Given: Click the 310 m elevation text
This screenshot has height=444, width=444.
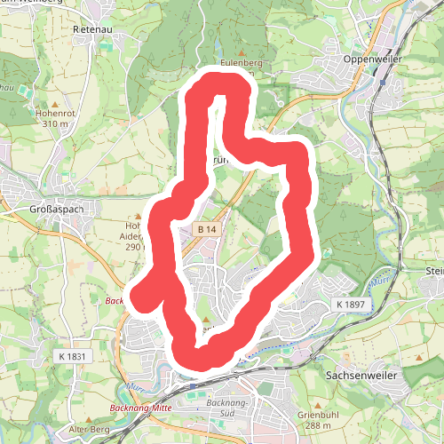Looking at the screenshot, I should [x=55, y=123].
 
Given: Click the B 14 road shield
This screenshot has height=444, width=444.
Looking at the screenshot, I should [x=207, y=229].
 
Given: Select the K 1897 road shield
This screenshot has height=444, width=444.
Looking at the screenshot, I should [x=352, y=304].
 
